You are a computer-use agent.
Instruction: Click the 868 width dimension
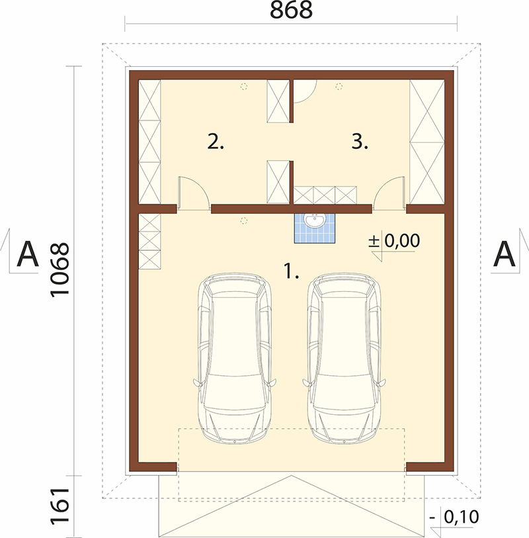(x=291, y=10)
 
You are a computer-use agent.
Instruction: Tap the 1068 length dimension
(x=60, y=270)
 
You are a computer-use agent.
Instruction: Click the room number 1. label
(x=292, y=271)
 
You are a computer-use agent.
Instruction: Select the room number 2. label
(x=216, y=142)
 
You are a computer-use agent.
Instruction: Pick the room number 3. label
(x=360, y=142)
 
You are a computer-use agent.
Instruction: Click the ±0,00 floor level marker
(x=394, y=240)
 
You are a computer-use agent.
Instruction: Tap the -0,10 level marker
(x=454, y=517)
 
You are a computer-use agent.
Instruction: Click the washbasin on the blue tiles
(x=315, y=220)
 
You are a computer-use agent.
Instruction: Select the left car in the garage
(x=235, y=358)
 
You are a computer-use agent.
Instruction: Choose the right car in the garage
(x=345, y=358)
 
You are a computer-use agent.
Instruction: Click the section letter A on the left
(x=27, y=254)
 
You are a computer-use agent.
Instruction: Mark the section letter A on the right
(x=504, y=254)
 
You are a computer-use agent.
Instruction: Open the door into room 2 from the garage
(x=194, y=193)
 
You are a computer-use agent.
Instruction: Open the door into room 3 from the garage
(x=389, y=193)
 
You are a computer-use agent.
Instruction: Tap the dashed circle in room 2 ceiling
(x=244, y=87)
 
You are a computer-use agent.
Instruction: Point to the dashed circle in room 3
(x=339, y=87)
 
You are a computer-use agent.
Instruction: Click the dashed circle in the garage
(x=244, y=220)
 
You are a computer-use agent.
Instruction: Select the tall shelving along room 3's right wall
(x=427, y=142)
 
